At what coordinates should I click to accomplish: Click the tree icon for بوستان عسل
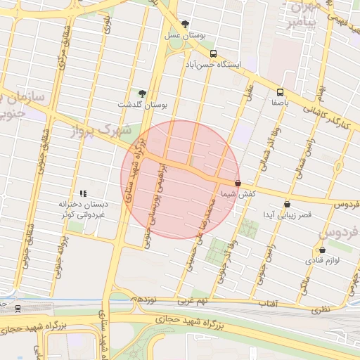point(185,23)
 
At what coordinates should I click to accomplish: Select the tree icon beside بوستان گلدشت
point(143,93)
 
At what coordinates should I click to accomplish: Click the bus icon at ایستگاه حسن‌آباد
point(213,53)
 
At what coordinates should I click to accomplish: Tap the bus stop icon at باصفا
point(281,91)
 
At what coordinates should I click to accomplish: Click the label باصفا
point(281,102)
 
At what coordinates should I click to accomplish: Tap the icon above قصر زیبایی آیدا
point(287,204)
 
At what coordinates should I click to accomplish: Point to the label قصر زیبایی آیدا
point(285,214)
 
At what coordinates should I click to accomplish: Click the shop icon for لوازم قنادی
point(322,250)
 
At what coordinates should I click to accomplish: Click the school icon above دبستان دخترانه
point(83,193)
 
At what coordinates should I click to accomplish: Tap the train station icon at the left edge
point(17,308)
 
